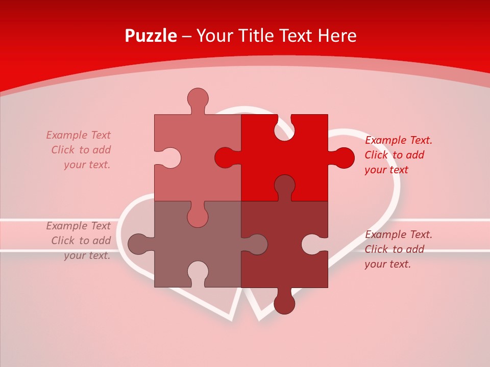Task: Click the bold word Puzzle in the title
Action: click(x=151, y=36)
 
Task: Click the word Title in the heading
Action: click(x=257, y=36)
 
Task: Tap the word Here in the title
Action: click(x=336, y=36)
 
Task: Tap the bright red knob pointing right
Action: click(x=344, y=158)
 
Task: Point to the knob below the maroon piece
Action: click(x=284, y=304)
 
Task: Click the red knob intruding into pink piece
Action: click(x=225, y=158)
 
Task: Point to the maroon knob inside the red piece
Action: click(x=284, y=185)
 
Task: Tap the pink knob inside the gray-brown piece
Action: click(x=198, y=216)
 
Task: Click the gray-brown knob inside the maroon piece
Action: click(x=257, y=244)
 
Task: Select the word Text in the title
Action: click(x=296, y=36)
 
